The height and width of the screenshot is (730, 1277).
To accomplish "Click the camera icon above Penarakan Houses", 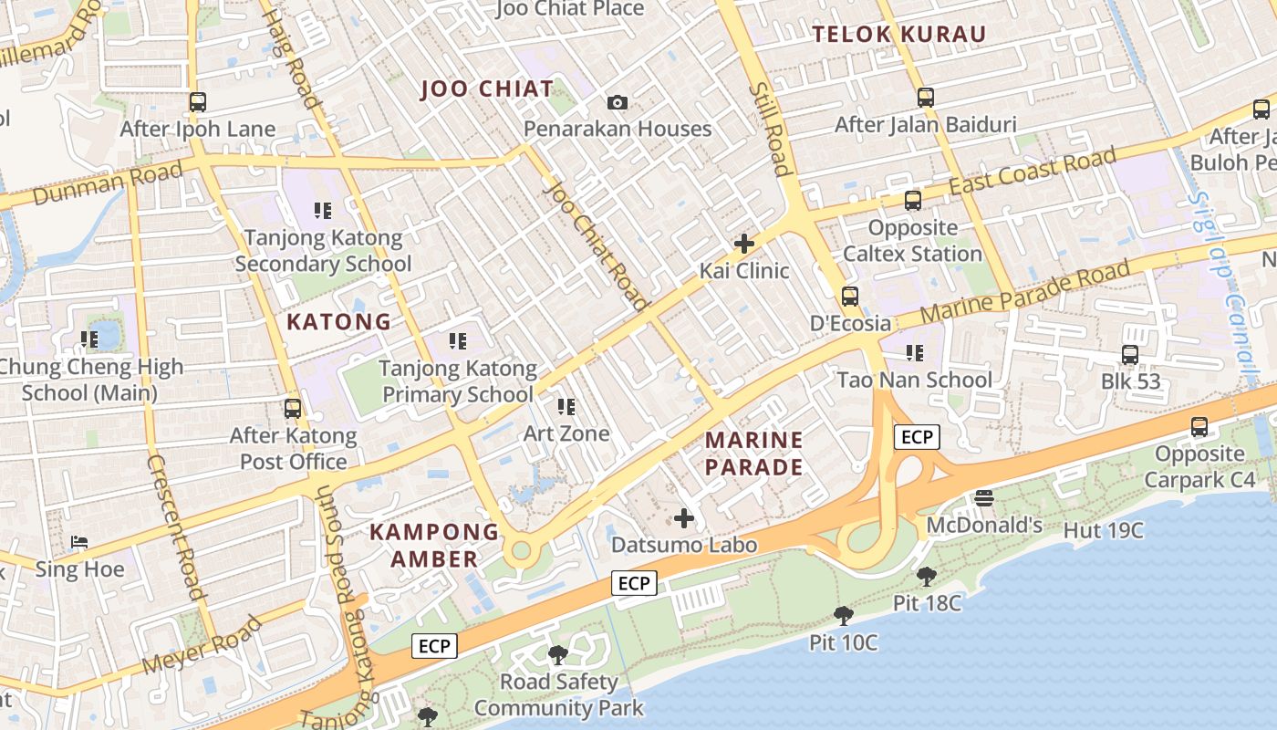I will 618,102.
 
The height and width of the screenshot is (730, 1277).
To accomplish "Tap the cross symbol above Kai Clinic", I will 744,244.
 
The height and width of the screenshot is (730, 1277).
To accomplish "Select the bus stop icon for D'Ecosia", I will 850,296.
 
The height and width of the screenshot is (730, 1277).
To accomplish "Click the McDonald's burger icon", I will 983,497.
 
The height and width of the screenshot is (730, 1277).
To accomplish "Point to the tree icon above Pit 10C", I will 843,615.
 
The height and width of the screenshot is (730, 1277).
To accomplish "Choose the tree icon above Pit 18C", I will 927,576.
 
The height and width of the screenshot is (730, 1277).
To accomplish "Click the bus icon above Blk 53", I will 1130,354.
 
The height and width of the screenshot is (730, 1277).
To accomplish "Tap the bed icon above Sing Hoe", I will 79,542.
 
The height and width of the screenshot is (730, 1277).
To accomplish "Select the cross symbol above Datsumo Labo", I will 684,518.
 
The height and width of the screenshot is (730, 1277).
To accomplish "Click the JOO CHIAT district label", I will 487,89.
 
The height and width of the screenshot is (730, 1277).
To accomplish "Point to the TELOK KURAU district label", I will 899,35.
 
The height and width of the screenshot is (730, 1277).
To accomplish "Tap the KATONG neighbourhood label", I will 338,321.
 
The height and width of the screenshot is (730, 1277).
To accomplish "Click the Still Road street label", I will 769,129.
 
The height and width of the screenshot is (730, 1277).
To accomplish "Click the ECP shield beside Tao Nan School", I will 916,437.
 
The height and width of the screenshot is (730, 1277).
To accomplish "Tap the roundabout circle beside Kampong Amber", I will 521,550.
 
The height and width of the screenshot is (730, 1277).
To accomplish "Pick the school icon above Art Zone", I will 566,406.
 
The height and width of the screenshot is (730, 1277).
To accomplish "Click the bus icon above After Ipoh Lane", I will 198,102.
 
